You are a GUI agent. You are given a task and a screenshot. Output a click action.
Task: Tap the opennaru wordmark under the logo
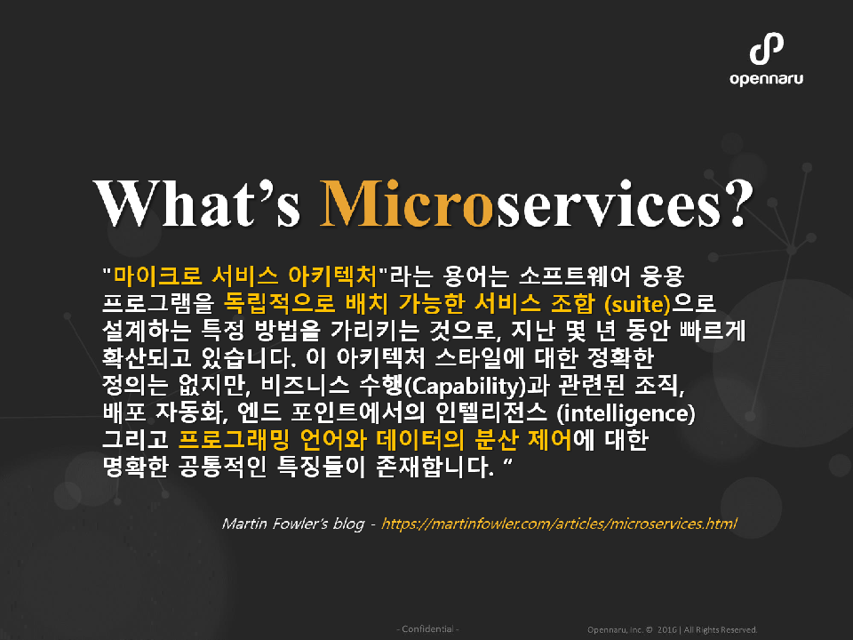point(766,79)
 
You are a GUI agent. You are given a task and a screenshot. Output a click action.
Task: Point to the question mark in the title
point(738,203)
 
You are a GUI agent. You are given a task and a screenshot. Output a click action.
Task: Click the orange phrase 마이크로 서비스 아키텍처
point(245,276)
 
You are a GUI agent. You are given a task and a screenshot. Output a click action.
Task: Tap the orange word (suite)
point(637,304)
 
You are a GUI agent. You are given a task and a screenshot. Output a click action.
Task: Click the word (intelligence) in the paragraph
point(626,413)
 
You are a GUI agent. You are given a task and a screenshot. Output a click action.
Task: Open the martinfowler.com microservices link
point(559,524)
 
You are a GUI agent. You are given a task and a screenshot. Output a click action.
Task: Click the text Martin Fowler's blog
point(292,524)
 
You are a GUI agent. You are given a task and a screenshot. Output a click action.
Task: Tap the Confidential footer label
point(427,629)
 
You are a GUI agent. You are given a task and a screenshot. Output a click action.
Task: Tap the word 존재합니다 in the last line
point(435,467)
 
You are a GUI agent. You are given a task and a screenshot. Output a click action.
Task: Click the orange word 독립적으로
point(279,303)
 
